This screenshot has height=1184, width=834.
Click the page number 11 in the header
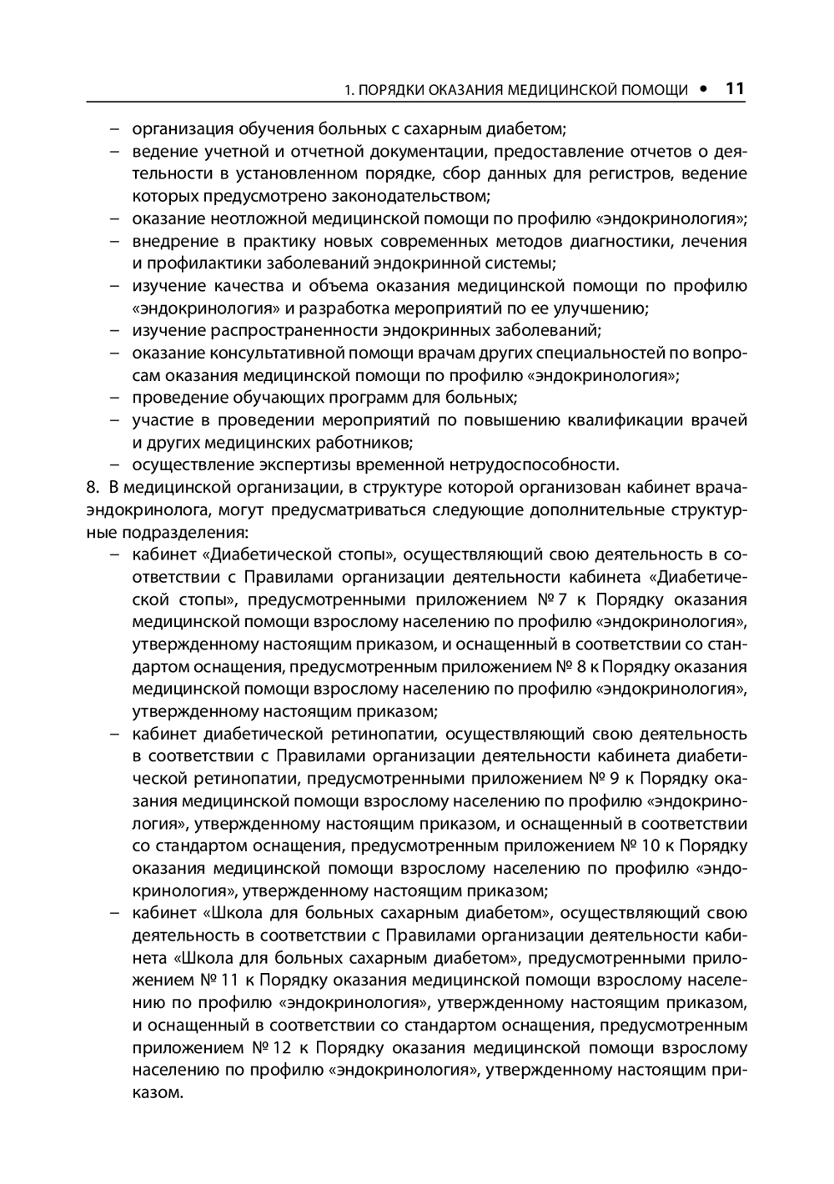tap(735, 88)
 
